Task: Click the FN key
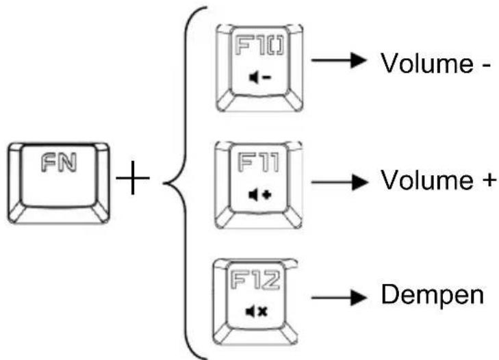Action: (x=59, y=183)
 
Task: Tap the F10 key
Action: (x=259, y=68)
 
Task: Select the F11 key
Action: (x=259, y=185)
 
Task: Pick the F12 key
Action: (x=255, y=302)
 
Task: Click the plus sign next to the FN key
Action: (x=133, y=178)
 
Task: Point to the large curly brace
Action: (x=185, y=183)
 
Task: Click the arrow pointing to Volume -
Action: (x=339, y=60)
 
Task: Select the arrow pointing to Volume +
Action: (x=339, y=182)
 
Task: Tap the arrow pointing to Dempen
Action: (x=339, y=298)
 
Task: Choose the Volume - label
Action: (x=435, y=63)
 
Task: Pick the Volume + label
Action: (x=439, y=180)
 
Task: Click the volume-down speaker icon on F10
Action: (x=259, y=77)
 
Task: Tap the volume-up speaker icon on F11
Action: (x=259, y=195)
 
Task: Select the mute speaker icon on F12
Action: (x=257, y=311)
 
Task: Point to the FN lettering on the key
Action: (x=59, y=162)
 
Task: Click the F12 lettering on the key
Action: (x=255, y=280)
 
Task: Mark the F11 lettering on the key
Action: (x=259, y=162)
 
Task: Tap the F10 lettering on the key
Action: (x=259, y=46)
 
